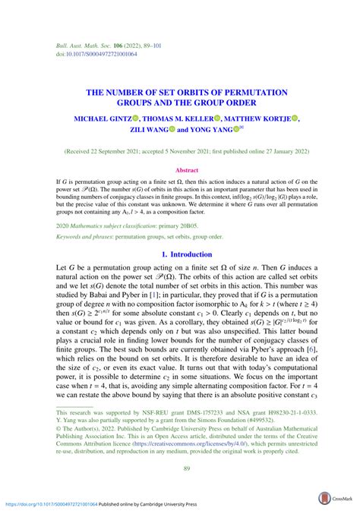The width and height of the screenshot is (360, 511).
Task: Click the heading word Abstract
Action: click(x=186, y=171)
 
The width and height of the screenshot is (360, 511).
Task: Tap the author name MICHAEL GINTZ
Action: click(x=102, y=118)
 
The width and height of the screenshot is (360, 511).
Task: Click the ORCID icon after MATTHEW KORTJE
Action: click(x=295, y=118)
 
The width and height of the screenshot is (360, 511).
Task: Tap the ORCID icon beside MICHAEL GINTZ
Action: click(x=135, y=118)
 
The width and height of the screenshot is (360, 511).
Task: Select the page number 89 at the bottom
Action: click(x=185, y=469)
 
